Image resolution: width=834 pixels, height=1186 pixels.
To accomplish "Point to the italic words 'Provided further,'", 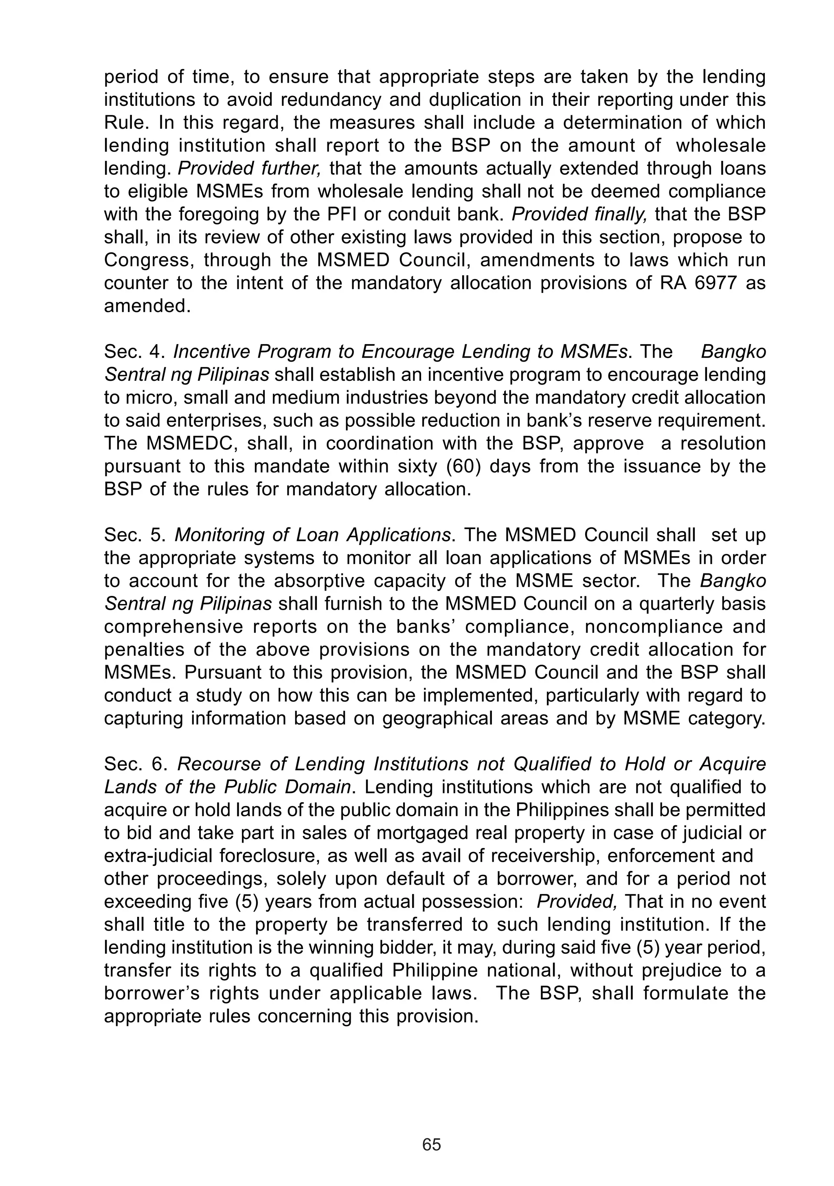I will tap(249, 168).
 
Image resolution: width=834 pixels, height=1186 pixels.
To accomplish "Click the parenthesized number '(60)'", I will tap(459, 466).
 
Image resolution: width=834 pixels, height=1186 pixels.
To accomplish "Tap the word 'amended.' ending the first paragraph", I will tap(147, 306).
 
